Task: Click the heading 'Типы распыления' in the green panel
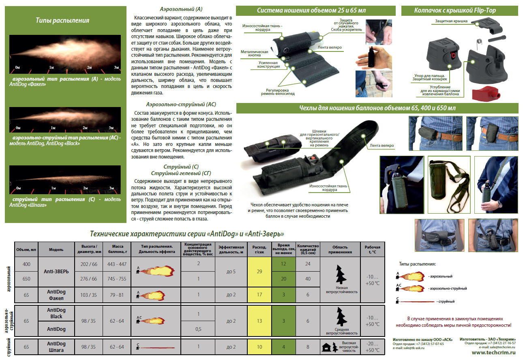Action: tap(62, 20)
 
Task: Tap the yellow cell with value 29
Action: tap(259, 272)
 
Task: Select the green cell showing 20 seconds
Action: tap(283, 279)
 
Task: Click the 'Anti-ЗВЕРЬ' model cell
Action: tap(56, 272)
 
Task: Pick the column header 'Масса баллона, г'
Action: tap(118, 249)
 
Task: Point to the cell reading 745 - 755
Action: tap(117, 279)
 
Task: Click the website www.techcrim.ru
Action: tap(493, 353)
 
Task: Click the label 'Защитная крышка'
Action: tap(451, 21)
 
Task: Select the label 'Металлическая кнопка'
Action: tap(254, 54)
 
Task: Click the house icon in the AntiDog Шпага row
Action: tap(326, 347)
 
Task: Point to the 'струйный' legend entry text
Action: tap(446, 301)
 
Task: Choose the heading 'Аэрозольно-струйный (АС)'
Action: tap(181, 104)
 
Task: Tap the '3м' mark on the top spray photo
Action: tap(116, 67)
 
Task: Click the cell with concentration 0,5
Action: tap(198, 329)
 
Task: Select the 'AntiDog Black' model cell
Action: tap(56, 313)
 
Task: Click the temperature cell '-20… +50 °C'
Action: tap(373, 347)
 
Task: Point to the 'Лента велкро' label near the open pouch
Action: tap(382, 146)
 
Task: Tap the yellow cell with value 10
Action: tap(259, 347)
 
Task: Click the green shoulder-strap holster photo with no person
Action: tap(449, 185)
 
